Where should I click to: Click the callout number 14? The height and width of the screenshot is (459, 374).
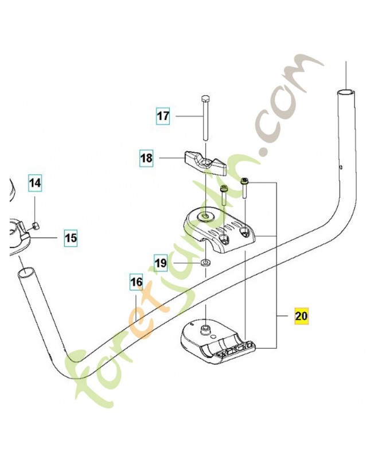pyautogui.click(x=35, y=183)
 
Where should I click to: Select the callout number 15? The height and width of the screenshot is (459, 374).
pyautogui.click(x=71, y=238)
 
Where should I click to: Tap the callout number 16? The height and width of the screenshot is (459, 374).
pyautogui.click(x=137, y=282)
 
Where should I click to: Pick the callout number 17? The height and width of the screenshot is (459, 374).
pyautogui.click(x=163, y=116)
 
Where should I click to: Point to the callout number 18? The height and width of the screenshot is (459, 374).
pyautogui.click(x=146, y=158)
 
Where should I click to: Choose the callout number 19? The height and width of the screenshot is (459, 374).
pyautogui.click(x=161, y=263)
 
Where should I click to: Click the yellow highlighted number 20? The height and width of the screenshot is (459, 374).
pyautogui.click(x=301, y=316)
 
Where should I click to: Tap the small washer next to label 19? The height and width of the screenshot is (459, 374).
pyautogui.click(x=206, y=262)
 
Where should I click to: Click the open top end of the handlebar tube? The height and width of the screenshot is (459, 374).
pyautogui.click(x=346, y=93)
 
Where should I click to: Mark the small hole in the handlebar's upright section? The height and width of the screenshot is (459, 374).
pyautogui.click(x=341, y=167)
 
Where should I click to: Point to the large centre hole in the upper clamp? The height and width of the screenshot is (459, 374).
pyautogui.click(x=206, y=217)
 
